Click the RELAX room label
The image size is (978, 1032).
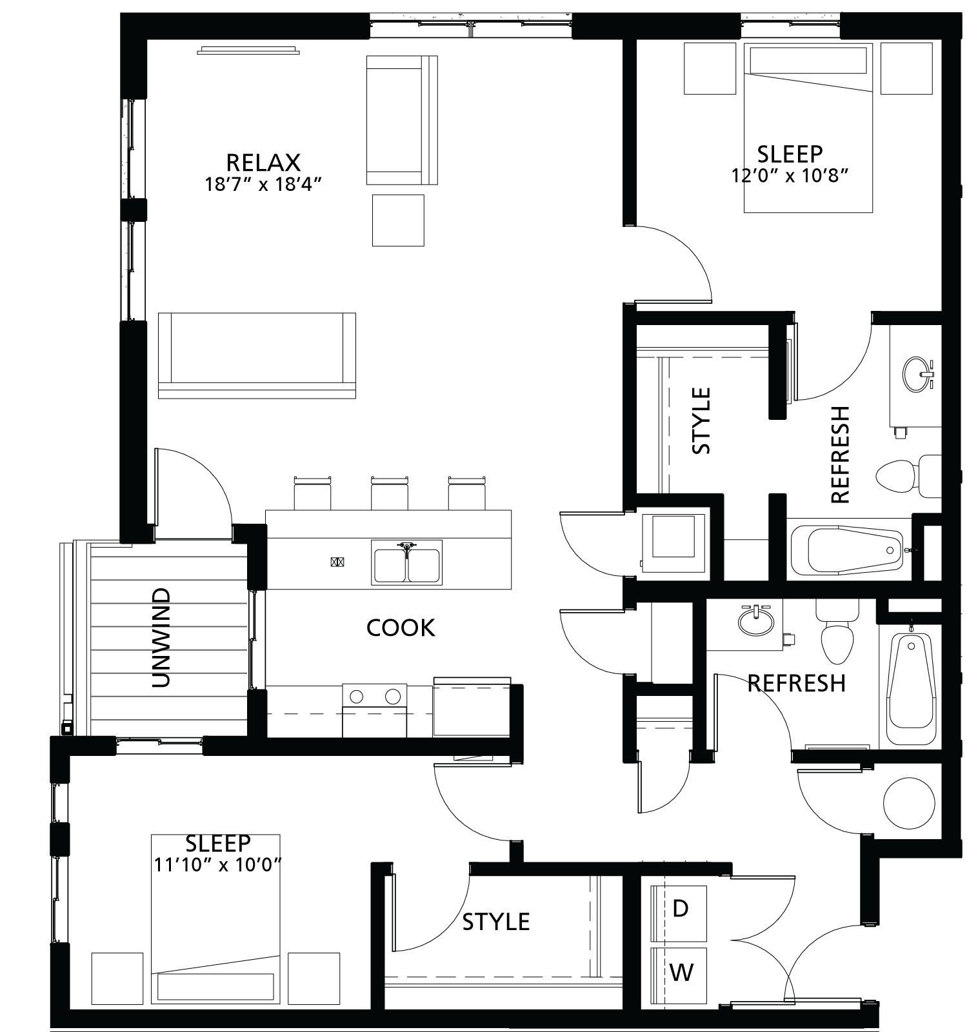pyautogui.click(x=263, y=162)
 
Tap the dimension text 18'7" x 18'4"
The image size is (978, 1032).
pyautogui.click(x=263, y=184)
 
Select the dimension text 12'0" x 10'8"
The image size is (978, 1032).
pyautogui.click(x=790, y=175)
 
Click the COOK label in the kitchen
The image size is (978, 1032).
pyautogui.click(x=401, y=628)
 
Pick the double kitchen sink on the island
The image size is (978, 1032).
pyautogui.click(x=406, y=562)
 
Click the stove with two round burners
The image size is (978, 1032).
pyautogui.click(x=375, y=709)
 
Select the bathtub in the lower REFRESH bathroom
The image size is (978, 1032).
pyautogui.click(x=910, y=689)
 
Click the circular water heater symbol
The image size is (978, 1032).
pyautogui.click(x=908, y=802)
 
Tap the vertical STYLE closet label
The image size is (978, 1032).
pyautogui.click(x=701, y=421)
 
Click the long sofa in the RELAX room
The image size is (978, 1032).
pyautogui.click(x=257, y=355)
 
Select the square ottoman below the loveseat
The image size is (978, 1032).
pyautogui.click(x=398, y=220)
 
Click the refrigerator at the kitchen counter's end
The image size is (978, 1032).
pyautogui.click(x=472, y=707)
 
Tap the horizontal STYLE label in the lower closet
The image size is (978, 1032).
pyautogui.click(x=496, y=922)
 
